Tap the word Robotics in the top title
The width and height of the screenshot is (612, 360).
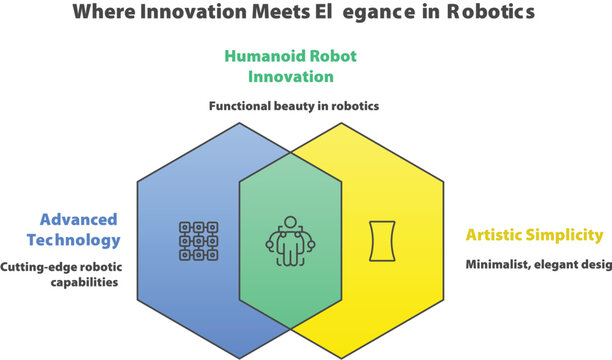[490, 13]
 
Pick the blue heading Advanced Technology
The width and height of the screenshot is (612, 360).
[78, 229]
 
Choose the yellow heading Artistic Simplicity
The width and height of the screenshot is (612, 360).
[534, 236]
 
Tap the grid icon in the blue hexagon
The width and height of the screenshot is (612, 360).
[198, 239]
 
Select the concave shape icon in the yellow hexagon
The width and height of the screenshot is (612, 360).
[380, 240]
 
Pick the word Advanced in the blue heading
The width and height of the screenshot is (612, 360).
[79, 219]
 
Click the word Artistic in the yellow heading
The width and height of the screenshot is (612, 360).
[497, 236]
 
